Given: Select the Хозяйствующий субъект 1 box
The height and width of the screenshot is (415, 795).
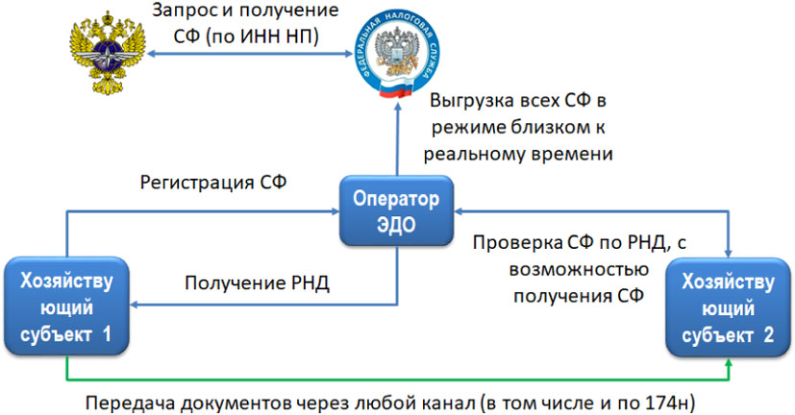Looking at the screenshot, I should [x=65, y=305].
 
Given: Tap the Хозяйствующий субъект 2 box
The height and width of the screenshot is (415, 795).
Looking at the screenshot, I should [x=727, y=310].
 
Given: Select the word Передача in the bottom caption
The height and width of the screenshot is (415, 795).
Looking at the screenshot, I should [x=122, y=402].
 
